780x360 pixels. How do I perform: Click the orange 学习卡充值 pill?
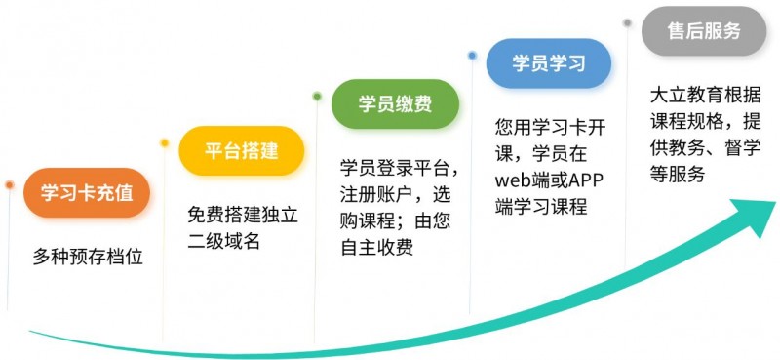tap(87, 192)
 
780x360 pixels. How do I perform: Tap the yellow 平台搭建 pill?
tap(242, 151)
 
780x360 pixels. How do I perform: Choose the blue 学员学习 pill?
tap(549, 63)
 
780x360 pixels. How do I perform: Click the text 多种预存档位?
tap(88, 258)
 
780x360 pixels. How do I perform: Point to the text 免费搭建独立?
tap(243, 213)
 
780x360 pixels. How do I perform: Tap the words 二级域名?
tap(224, 241)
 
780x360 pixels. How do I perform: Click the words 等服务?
tap(677, 177)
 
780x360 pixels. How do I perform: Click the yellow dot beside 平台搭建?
tap(164, 143)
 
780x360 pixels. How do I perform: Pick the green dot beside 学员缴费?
tap(317, 96)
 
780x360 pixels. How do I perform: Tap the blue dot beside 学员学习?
tap(472, 56)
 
